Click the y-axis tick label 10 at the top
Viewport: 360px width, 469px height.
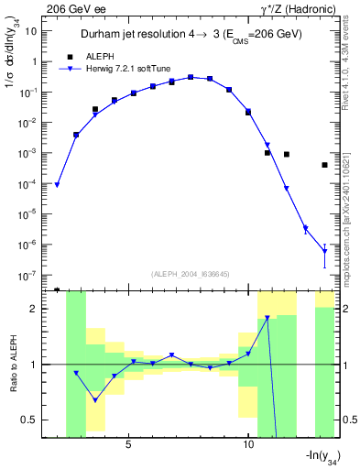coord(29,31)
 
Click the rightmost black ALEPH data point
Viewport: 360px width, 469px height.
coord(324,165)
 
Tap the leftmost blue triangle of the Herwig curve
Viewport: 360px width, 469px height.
coord(57,185)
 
